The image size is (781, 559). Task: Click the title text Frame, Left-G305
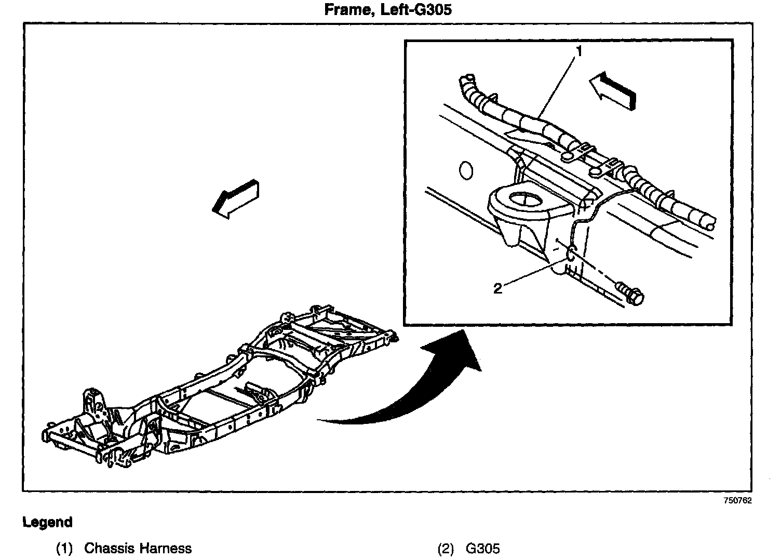point(387,10)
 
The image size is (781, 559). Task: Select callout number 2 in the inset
point(497,289)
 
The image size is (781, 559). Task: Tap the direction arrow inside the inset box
point(613,90)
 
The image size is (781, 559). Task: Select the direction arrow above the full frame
point(236,198)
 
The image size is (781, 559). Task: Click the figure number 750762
point(738,501)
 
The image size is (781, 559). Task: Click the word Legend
point(47,522)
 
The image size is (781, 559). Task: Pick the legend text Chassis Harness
point(138,548)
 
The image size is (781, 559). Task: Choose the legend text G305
point(483,548)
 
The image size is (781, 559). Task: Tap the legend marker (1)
point(64,548)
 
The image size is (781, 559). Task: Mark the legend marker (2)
point(446,548)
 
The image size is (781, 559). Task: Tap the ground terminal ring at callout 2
point(569,255)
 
